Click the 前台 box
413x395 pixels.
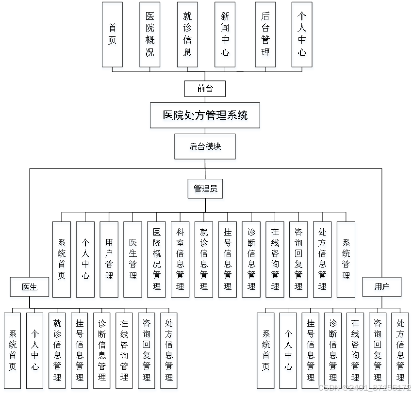pyautogui.click(x=205, y=89)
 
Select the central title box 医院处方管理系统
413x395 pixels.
pyautogui.click(x=205, y=115)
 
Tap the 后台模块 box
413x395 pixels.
pyautogui.click(x=205, y=146)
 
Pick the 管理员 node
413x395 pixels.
pyautogui.click(x=205, y=189)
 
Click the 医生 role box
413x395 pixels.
pyautogui.click(x=30, y=287)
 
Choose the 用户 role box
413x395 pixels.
pyautogui.click(x=382, y=287)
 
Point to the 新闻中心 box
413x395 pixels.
pyautogui.click(x=225, y=34)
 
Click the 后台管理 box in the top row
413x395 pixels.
pyautogui.click(x=265, y=34)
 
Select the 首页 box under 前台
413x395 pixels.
pyautogui.click(x=112, y=34)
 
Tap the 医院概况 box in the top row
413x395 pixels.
pyautogui.click(x=150, y=34)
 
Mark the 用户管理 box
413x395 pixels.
pyautogui.click(x=109, y=259)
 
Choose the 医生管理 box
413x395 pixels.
pyautogui.click(x=132, y=259)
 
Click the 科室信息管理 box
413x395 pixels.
pyautogui.click(x=180, y=259)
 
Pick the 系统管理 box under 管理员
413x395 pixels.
pyautogui.click(x=346, y=259)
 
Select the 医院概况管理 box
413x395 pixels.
pyautogui.click(x=156, y=259)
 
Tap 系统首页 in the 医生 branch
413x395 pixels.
pyautogui.click(x=12, y=350)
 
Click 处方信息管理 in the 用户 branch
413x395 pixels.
pyautogui.click(x=400, y=350)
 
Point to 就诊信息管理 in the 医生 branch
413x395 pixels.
pyautogui.click(x=57, y=350)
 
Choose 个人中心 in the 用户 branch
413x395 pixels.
pyautogui.click(x=288, y=350)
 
